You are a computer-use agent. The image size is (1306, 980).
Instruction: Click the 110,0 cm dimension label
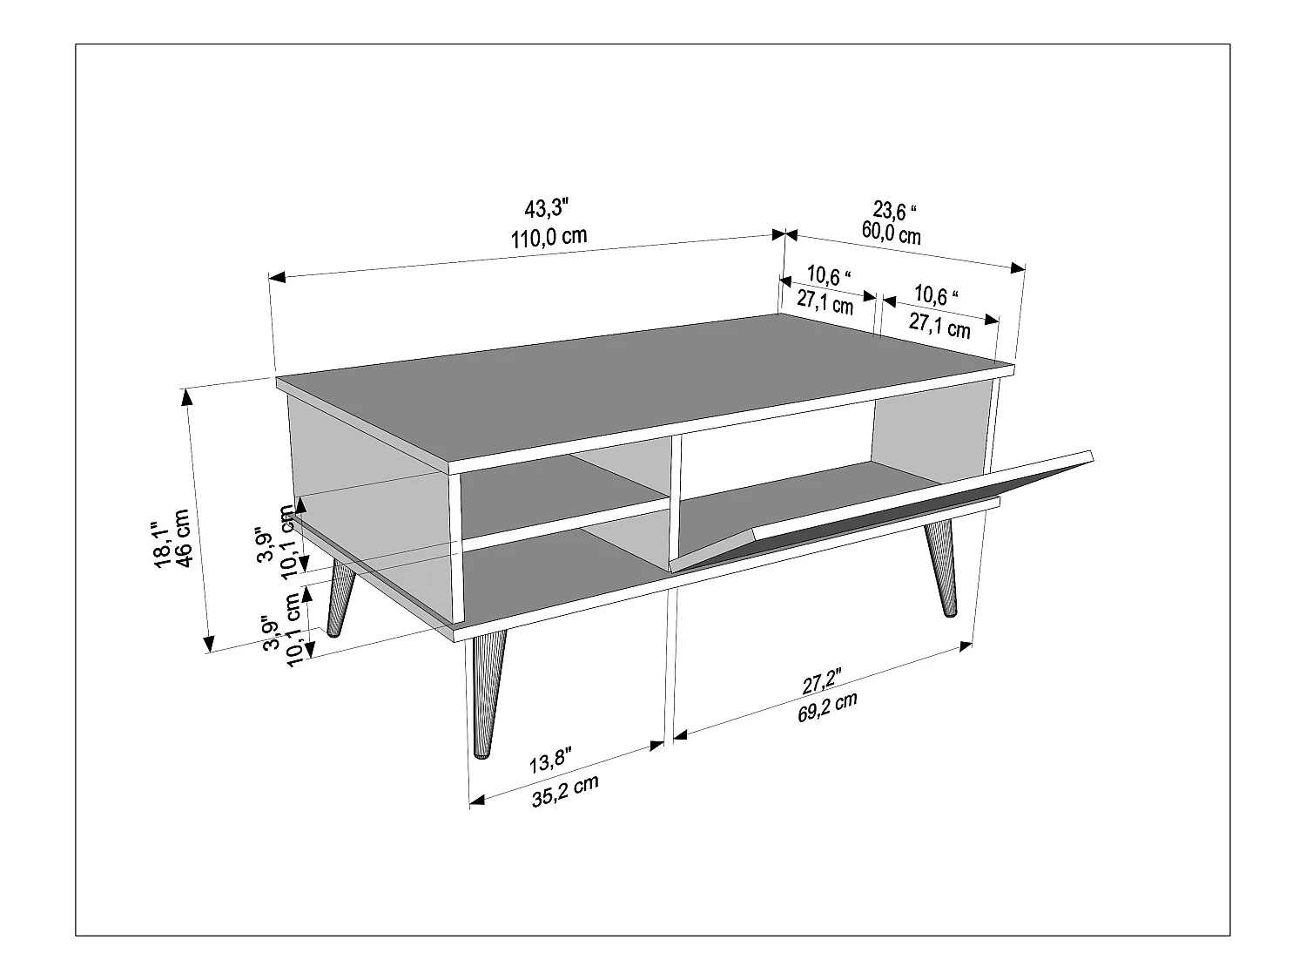[x=549, y=236]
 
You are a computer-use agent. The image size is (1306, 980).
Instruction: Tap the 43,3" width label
[x=546, y=209]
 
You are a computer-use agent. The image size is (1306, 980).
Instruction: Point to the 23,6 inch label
[x=896, y=211]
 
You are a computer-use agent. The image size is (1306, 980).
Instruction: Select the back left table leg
[x=340, y=597]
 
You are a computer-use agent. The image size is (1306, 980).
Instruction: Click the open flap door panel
[x=879, y=505]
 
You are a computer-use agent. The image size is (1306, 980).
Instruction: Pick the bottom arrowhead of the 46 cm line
[x=209, y=645]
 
